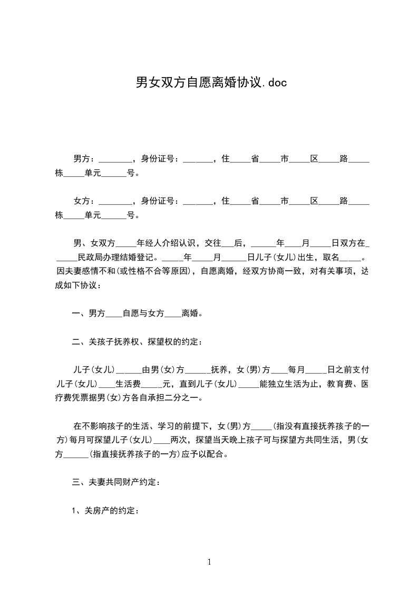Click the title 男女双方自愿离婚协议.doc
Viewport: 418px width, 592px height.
coord(211,82)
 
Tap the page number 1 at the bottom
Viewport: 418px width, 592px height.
coord(209,562)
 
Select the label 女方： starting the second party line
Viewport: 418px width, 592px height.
coord(84,201)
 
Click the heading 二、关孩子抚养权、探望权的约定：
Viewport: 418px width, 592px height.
coord(137,341)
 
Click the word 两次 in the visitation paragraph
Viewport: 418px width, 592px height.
coord(180,439)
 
